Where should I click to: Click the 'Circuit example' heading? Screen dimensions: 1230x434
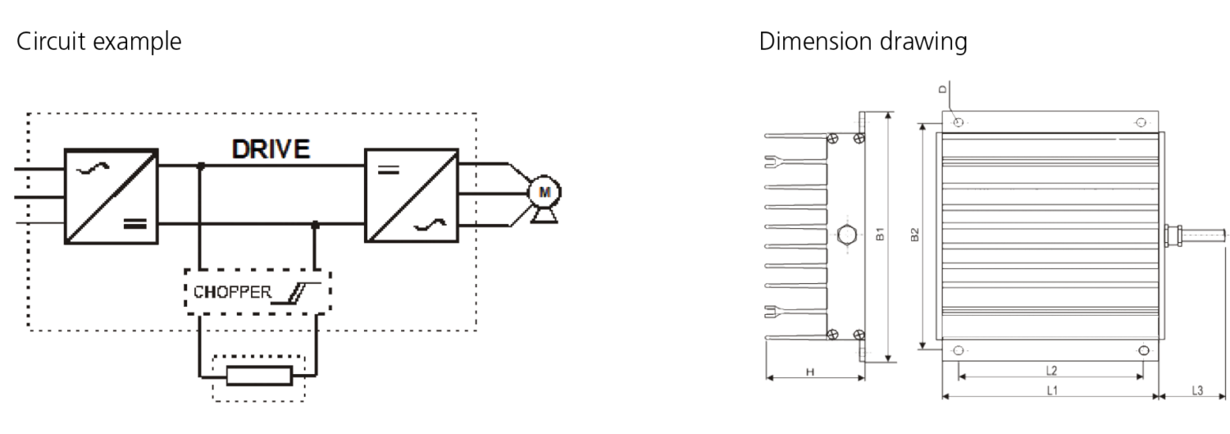pyautogui.click(x=99, y=42)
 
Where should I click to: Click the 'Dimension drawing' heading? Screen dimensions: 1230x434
pyautogui.click(x=863, y=42)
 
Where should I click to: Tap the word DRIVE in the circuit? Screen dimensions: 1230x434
pyautogui.click(x=271, y=148)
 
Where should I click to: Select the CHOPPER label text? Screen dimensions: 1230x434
pyautogui.click(x=232, y=292)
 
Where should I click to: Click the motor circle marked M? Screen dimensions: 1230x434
pyautogui.click(x=544, y=192)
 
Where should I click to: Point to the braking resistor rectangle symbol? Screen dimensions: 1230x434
pyautogui.click(x=259, y=376)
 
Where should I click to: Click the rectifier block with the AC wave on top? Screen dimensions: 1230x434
pyautogui.click(x=112, y=196)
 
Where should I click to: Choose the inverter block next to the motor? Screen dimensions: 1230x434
pyautogui.click(x=412, y=195)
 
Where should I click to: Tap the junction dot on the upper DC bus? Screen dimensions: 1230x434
pyautogui.click(x=201, y=166)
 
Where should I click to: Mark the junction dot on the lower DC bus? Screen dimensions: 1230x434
pyautogui.click(x=315, y=225)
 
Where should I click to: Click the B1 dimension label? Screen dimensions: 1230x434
pyautogui.click(x=880, y=234)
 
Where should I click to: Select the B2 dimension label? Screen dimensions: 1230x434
pyautogui.click(x=914, y=235)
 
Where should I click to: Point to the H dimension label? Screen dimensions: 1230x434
pyautogui.click(x=810, y=372)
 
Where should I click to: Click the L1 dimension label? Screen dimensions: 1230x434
pyautogui.click(x=1051, y=391)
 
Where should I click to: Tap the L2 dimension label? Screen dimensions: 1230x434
pyautogui.click(x=1051, y=371)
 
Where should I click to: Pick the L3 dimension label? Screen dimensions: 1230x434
pyautogui.click(x=1197, y=391)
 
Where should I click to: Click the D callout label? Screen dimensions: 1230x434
pyautogui.click(x=943, y=89)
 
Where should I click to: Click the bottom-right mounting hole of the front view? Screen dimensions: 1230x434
pyautogui.click(x=1144, y=350)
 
